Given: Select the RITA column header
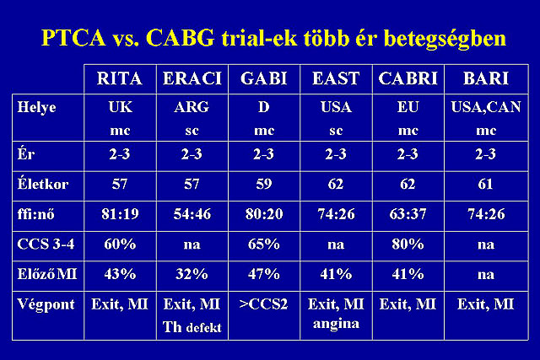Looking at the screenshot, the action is [x=120, y=78].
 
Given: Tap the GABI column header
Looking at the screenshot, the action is [x=264, y=78].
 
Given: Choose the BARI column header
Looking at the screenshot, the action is [x=486, y=78].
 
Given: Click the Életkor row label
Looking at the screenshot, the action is [x=43, y=184].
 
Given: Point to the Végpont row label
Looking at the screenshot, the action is [x=46, y=305].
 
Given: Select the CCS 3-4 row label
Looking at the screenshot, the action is [x=46, y=244].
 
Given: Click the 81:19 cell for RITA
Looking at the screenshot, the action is [x=120, y=214].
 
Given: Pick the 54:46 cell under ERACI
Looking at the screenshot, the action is [x=192, y=214].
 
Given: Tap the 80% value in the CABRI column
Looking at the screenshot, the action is [x=408, y=244].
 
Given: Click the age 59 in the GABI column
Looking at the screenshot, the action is [x=264, y=184].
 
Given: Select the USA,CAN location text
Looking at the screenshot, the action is [x=486, y=107].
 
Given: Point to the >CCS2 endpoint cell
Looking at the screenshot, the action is [x=263, y=304].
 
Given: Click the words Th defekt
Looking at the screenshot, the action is [x=192, y=327].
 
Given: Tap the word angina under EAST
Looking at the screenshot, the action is [x=336, y=325].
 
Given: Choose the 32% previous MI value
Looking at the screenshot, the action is [x=192, y=274].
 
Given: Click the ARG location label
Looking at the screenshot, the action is [x=192, y=107].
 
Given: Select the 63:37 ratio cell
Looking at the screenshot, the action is [x=408, y=214].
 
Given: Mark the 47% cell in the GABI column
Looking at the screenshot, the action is [x=264, y=274].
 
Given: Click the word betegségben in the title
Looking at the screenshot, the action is [x=445, y=39].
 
